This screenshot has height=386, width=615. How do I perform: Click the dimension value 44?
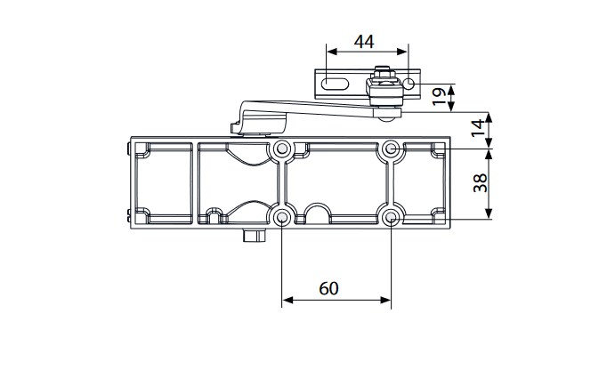pos(364,42)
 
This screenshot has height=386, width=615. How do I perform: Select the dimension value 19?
pos(439,96)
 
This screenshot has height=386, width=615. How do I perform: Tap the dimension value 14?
pos(478,129)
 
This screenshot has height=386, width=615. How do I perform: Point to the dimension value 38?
pos(480,183)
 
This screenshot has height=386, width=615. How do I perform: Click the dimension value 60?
pos(328,288)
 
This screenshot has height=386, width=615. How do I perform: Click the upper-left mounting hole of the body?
pos(281,149)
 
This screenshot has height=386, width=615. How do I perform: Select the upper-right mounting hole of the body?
pos(391,149)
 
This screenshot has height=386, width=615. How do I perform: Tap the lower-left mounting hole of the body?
pos(281,217)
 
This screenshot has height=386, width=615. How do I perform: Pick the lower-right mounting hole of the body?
pos(391,217)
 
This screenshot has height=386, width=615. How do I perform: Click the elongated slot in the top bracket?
pos(335,84)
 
